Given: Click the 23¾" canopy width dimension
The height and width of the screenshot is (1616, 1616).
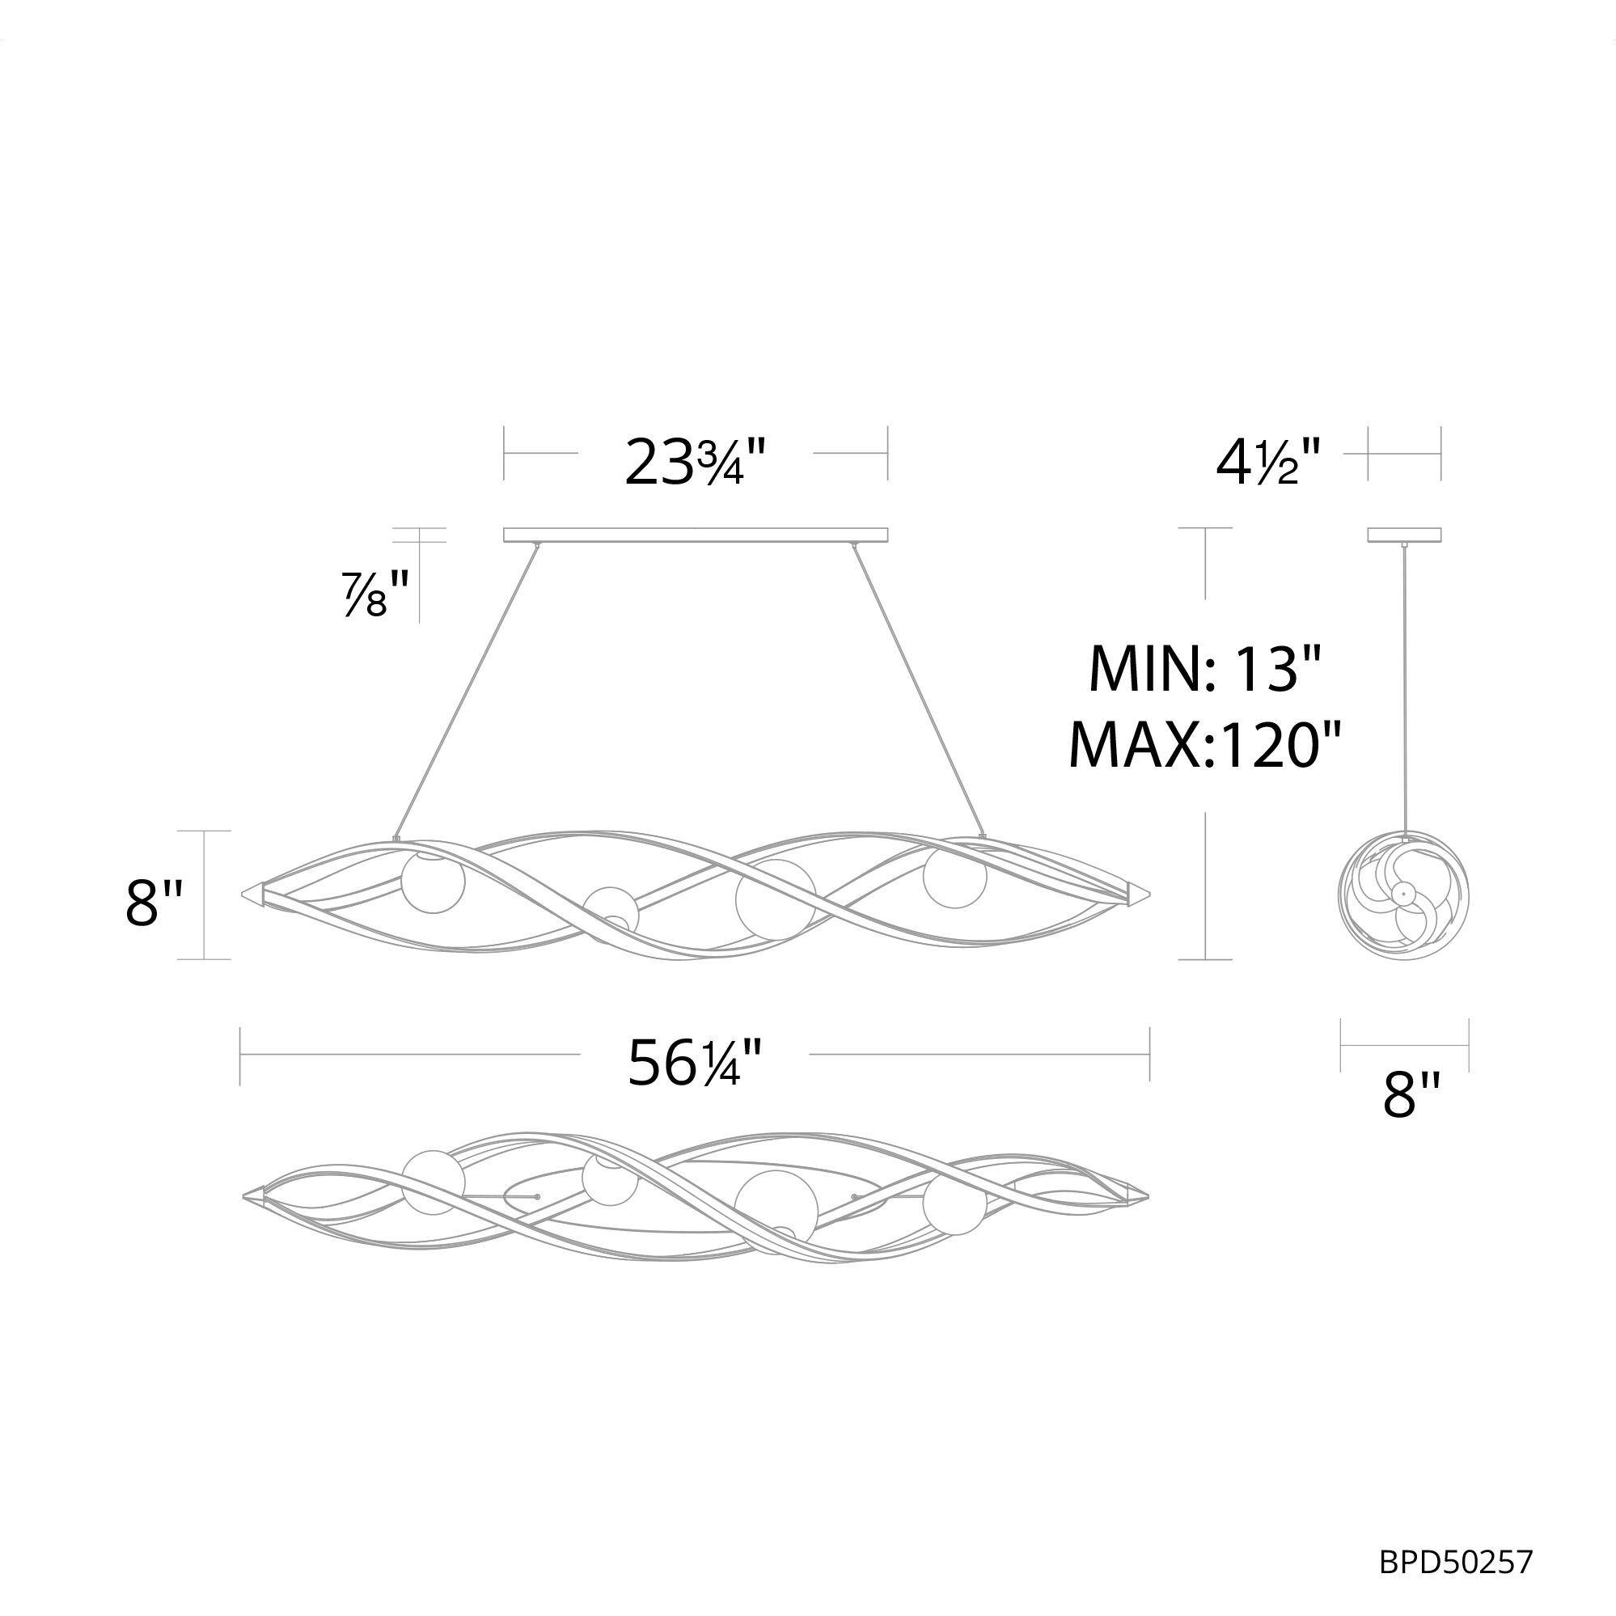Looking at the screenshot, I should [x=695, y=462].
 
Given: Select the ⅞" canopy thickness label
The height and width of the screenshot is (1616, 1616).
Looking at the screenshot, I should [x=375, y=592].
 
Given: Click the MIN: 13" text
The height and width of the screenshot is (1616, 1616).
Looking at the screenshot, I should [x=1204, y=669].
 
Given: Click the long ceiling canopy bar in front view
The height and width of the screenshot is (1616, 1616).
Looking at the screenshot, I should [x=695, y=535].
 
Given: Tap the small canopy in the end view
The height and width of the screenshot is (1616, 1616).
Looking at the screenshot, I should [x=1404, y=535].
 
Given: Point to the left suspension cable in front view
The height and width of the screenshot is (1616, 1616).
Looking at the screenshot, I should [x=466, y=690].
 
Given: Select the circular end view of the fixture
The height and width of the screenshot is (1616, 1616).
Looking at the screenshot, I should [x=1404, y=895].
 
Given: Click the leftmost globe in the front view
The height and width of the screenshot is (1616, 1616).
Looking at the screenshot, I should [x=433, y=882].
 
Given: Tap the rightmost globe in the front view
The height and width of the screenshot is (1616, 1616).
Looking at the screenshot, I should [x=954, y=876].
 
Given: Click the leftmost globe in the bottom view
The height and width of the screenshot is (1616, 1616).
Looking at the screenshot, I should [x=434, y=1181].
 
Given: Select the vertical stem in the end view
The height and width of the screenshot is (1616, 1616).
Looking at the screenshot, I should [x=1404, y=686].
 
